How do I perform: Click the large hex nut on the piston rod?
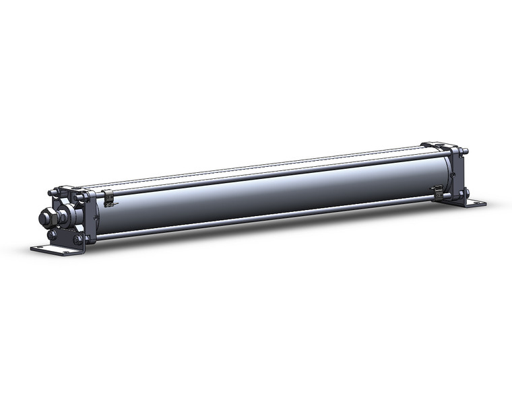pos(48,217)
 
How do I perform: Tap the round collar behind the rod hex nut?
pos(62,217)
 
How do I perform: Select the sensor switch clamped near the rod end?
pos(108,197)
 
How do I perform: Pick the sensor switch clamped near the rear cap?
pos(437,192)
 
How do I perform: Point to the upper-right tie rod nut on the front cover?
pos(84,197)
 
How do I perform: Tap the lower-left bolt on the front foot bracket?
pos(52,235)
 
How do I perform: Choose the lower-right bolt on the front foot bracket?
pos(78,239)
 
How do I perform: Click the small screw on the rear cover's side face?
pos(453,175)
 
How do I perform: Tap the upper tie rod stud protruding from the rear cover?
pos(465,150)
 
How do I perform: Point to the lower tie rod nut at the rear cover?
pos(464,194)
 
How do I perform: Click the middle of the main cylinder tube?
pos(269,192)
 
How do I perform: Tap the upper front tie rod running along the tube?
pos(269,172)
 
